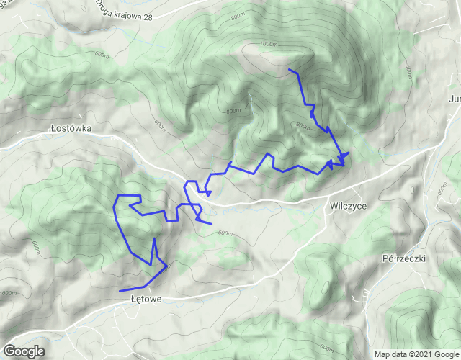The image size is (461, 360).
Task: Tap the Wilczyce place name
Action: (348, 205)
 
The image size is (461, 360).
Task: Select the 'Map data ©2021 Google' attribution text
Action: (415, 354)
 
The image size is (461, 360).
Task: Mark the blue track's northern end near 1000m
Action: (289, 69)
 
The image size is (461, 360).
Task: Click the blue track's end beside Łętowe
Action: (120, 290)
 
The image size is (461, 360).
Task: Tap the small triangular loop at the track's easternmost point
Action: (342, 157)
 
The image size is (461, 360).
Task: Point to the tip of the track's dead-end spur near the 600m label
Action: (211, 224)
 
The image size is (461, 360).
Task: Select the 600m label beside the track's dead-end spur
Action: (225, 233)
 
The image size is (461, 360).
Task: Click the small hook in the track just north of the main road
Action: (207, 192)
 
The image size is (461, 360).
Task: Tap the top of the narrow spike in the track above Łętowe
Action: (154, 238)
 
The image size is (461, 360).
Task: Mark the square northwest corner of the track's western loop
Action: (119, 196)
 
